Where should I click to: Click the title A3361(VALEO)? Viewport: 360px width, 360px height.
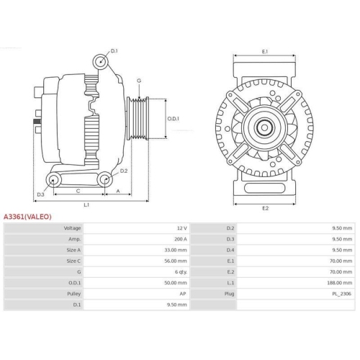(27, 215)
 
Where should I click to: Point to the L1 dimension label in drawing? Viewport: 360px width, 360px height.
(86, 205)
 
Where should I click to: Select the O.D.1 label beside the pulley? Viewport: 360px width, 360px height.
(173, 119)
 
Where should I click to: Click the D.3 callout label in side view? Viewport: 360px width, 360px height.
(40, 194)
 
